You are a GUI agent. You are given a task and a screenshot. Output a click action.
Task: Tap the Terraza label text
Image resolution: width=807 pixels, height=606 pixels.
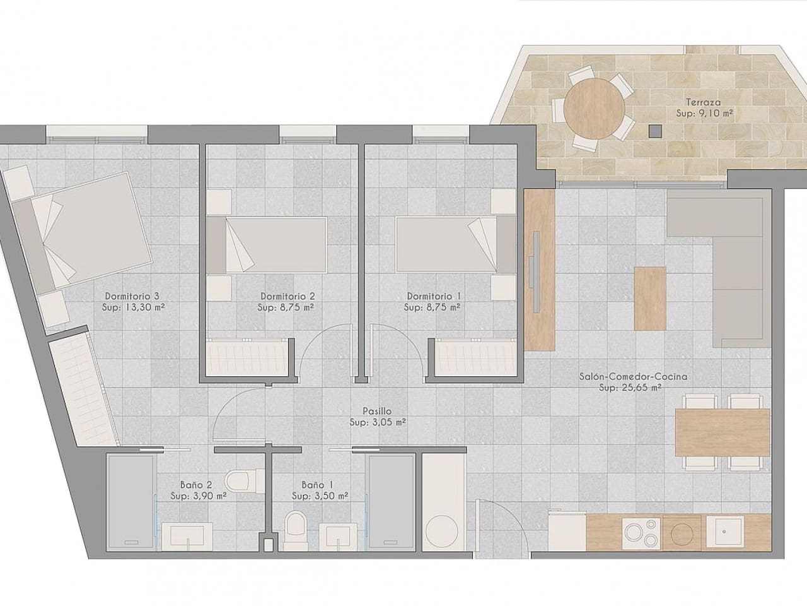coord(704,102)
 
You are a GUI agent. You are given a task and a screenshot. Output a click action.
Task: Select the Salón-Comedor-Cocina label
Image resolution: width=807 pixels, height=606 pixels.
coord(633,377)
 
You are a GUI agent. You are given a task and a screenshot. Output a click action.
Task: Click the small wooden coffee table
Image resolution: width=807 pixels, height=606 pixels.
coord(650,299)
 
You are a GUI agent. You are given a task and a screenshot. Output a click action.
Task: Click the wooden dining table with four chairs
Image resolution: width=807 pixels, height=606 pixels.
coord(722,432)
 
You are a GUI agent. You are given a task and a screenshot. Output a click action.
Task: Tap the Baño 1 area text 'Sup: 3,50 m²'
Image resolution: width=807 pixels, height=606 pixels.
coord(320,496)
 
